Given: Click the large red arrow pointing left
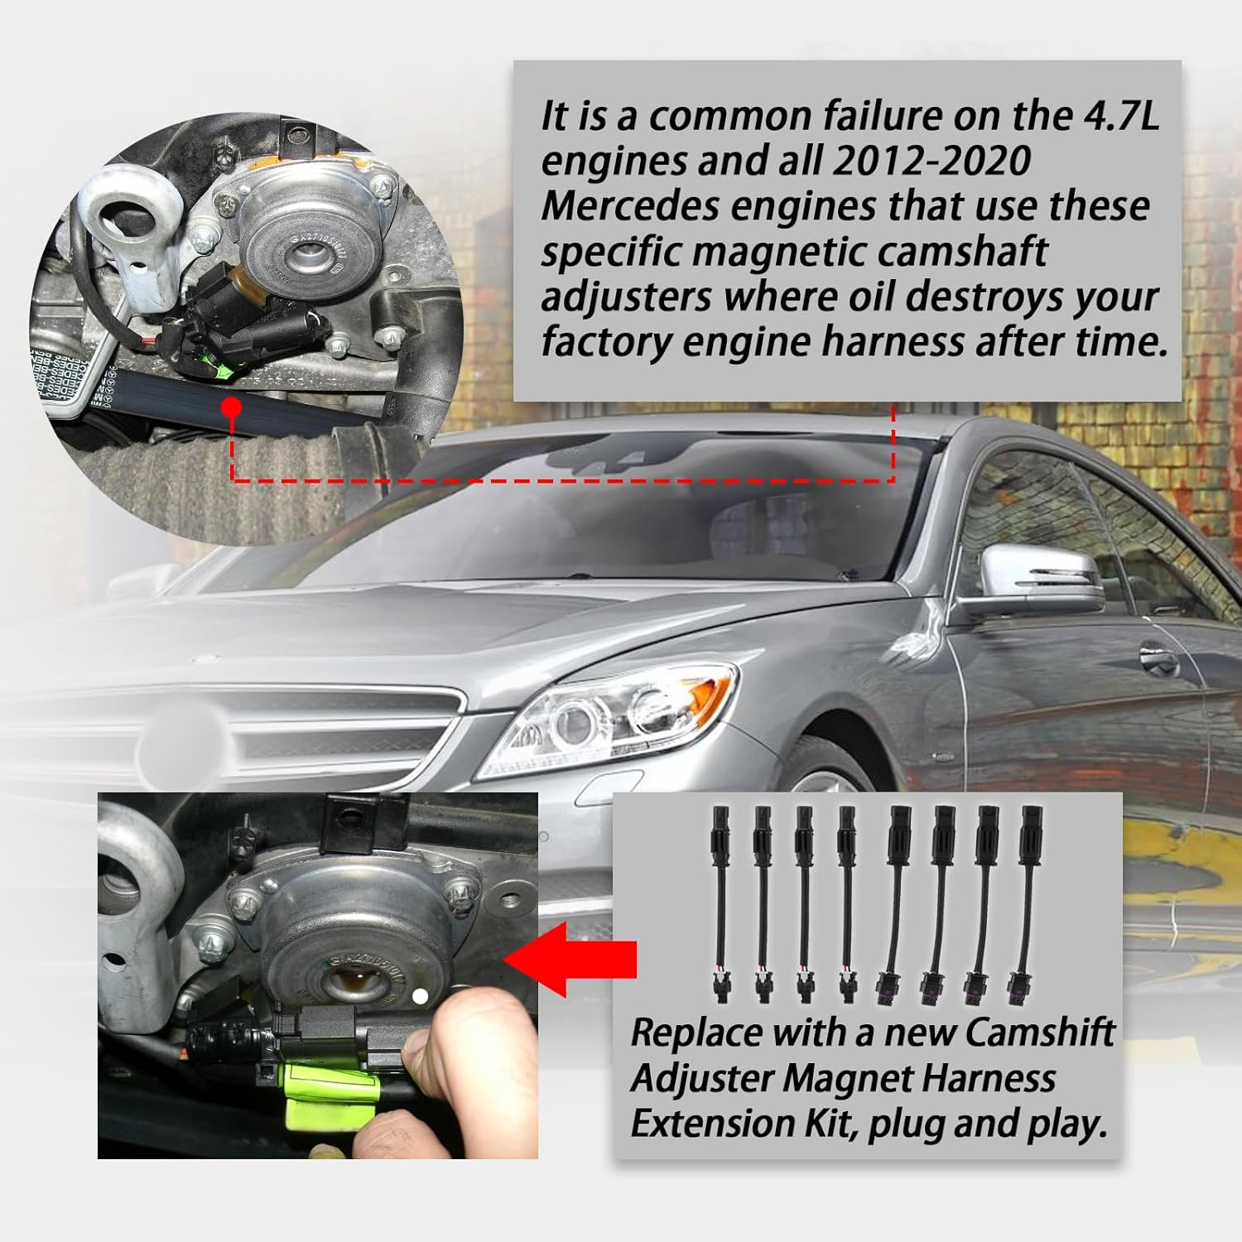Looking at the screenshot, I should coord(571,959).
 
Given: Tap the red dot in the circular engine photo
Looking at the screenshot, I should coord(232,407).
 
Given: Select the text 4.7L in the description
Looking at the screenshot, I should coord(1121,116).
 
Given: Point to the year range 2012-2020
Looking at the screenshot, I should coord(931,161).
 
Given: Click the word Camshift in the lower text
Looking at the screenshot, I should coord(1040,1033).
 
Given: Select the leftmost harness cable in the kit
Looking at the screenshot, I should coord(720,903).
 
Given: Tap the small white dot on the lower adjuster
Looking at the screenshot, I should coord(420,997).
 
